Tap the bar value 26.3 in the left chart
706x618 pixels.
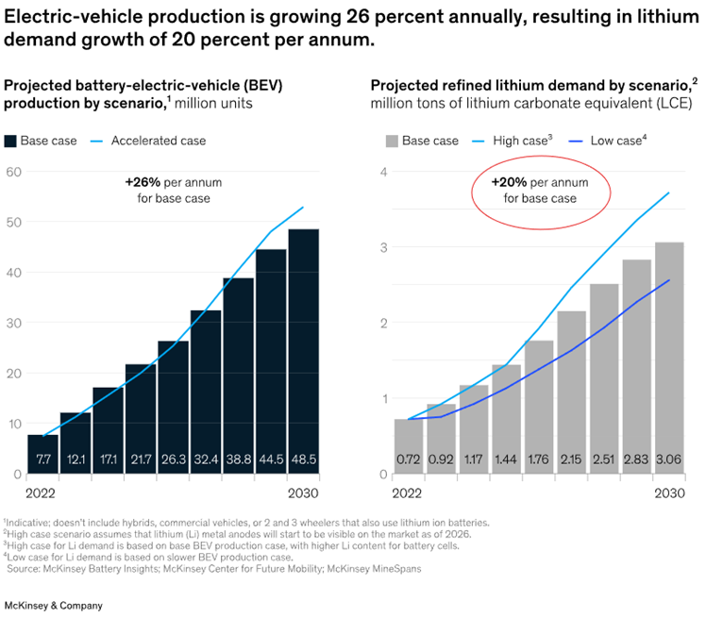[x=174, y=459]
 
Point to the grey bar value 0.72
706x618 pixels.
[x=408, y=459]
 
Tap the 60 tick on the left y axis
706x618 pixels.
[x=13, y=171]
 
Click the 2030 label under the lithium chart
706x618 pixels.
[x=670, y=494]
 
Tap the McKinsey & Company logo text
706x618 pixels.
[x=54, y=605]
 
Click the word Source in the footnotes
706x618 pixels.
[x=27, y=569]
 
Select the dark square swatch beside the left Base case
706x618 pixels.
[x=11, y=142]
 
